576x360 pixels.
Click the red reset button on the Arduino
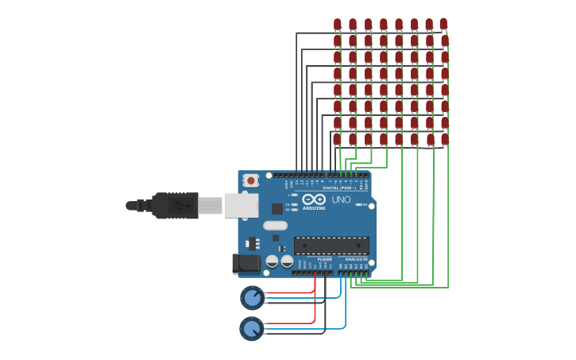251,180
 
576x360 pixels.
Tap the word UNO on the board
341,199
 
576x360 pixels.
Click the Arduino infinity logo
314,199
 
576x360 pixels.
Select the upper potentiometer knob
252,298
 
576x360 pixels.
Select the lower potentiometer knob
251,328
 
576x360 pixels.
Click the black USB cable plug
175,205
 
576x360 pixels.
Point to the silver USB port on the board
241,205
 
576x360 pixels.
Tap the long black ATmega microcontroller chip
331,246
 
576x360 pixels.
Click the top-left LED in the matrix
337,25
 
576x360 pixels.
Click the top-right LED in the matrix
443,25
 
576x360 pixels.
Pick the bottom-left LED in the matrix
337,139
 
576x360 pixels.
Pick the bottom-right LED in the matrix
445,139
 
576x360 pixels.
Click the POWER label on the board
324,259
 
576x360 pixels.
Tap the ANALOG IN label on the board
356,259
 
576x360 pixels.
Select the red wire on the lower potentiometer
290,323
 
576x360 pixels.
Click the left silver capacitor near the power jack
272,261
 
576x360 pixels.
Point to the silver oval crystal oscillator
275,225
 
